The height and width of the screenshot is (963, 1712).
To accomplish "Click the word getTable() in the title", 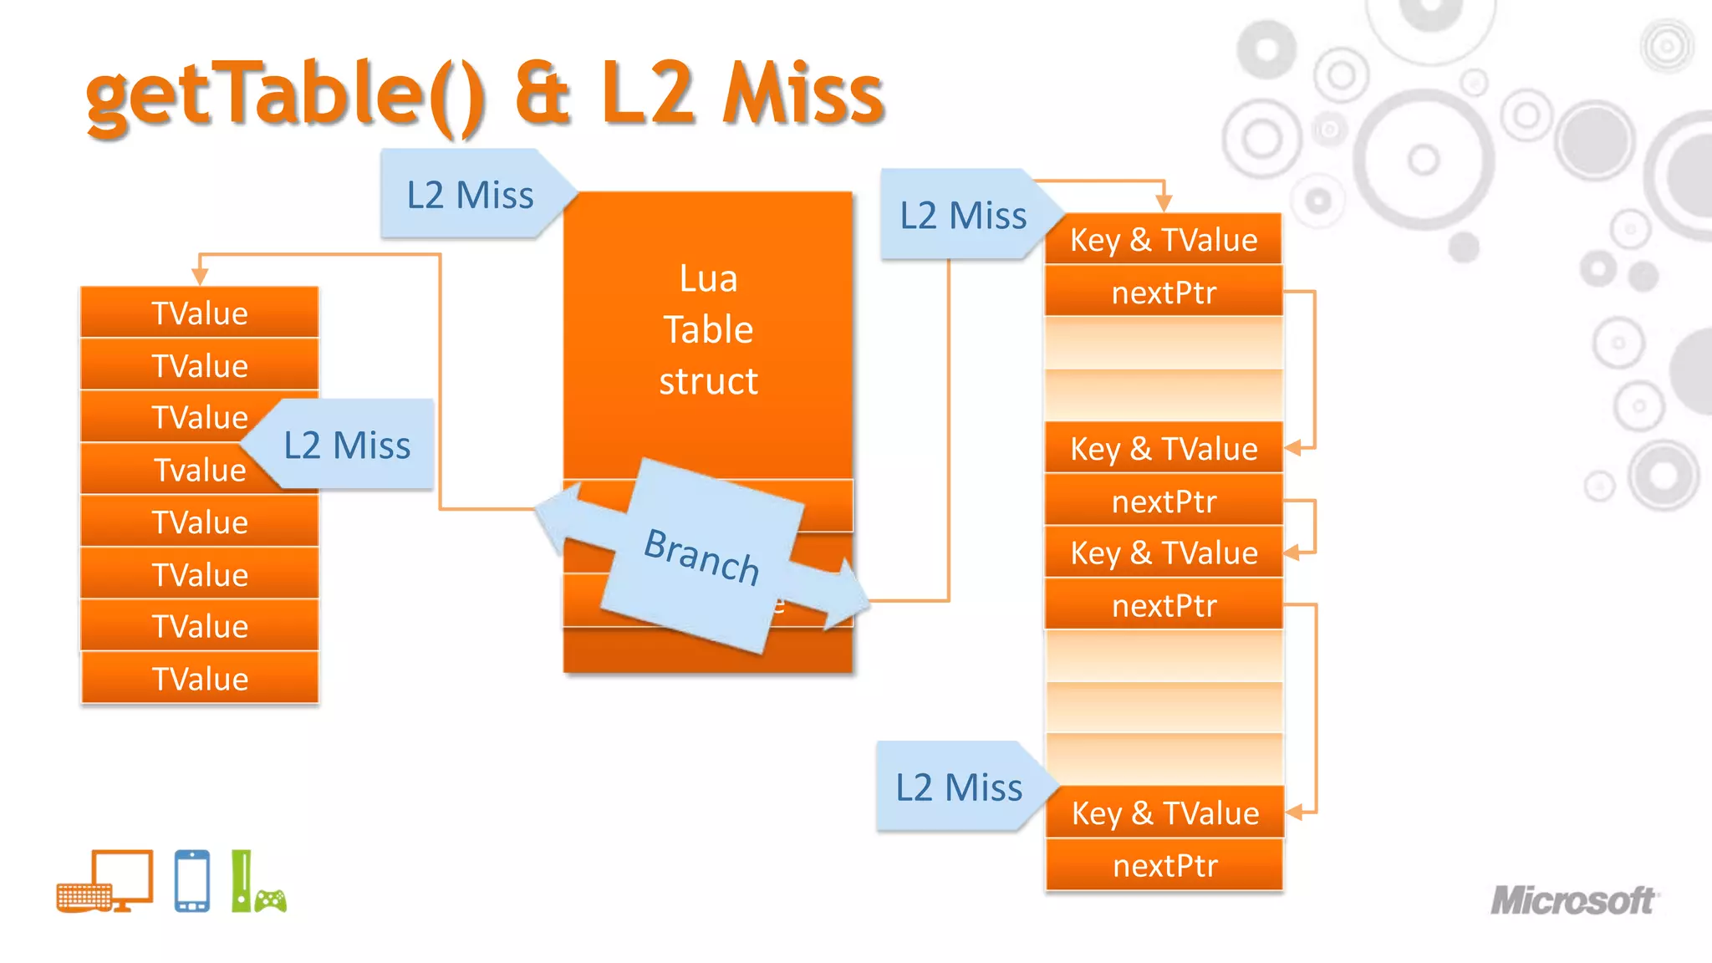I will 284,96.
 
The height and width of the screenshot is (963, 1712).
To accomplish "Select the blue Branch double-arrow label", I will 702,556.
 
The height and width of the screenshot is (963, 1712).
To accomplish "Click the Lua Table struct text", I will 708,329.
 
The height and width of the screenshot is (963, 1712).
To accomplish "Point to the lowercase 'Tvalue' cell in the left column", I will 200,470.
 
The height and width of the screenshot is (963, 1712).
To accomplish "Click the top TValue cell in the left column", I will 200,313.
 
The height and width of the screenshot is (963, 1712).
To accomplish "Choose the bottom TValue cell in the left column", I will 200,678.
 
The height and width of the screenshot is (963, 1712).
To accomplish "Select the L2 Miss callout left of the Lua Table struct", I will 470,195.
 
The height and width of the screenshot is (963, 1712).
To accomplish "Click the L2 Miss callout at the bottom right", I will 959,787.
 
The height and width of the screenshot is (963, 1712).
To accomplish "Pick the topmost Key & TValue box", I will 1164,240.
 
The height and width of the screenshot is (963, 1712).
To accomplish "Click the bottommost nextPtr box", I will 1164,865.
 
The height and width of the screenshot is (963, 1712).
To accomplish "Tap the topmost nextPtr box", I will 1164,293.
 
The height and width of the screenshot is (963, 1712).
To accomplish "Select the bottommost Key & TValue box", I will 1164,813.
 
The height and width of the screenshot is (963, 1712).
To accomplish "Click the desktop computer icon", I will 107,881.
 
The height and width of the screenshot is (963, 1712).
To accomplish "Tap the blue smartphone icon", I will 192,881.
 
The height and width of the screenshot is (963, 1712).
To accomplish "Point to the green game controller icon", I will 270,900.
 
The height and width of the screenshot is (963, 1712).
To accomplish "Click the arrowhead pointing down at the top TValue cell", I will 200,277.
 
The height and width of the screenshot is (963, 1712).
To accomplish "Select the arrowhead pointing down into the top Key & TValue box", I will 1164,203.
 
